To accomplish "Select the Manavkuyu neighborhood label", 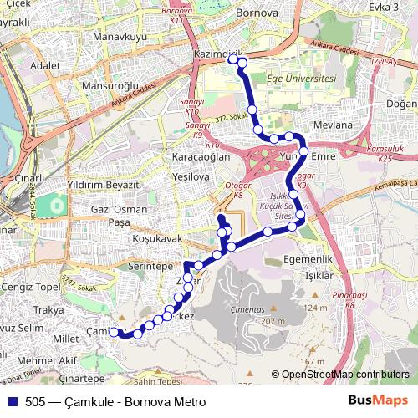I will (120, 38).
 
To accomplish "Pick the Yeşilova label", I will (189, 177).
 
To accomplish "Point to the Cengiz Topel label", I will (30, 288).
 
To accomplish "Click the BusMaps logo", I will (377, 400).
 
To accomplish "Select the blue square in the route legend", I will (13, 400).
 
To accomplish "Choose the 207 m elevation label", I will (273, 321).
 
